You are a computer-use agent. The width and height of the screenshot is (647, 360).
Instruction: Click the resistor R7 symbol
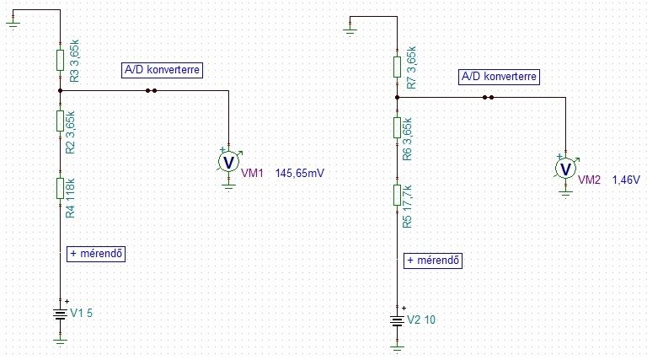coord(397,67)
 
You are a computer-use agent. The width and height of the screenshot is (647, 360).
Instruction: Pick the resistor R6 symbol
coord(397,127)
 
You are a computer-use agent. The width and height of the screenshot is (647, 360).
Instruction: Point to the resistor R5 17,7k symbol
coord(397,195)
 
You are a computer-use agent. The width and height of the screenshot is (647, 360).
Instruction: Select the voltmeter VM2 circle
coord(565,168)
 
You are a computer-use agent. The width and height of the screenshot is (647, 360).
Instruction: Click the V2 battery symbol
coord(397,320)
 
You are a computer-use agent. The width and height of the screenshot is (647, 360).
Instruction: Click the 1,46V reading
coord(626,180)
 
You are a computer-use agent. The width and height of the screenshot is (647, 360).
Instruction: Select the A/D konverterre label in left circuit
coord(162,70)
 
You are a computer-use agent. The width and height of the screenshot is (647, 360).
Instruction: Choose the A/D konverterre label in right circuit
coord(499,77)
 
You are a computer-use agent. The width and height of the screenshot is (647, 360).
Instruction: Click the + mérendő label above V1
coord(96,253)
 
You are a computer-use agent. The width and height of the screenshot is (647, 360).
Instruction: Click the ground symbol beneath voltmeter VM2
coord(565,192)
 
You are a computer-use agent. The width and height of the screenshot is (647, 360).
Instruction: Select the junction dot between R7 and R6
coord(397,97)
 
